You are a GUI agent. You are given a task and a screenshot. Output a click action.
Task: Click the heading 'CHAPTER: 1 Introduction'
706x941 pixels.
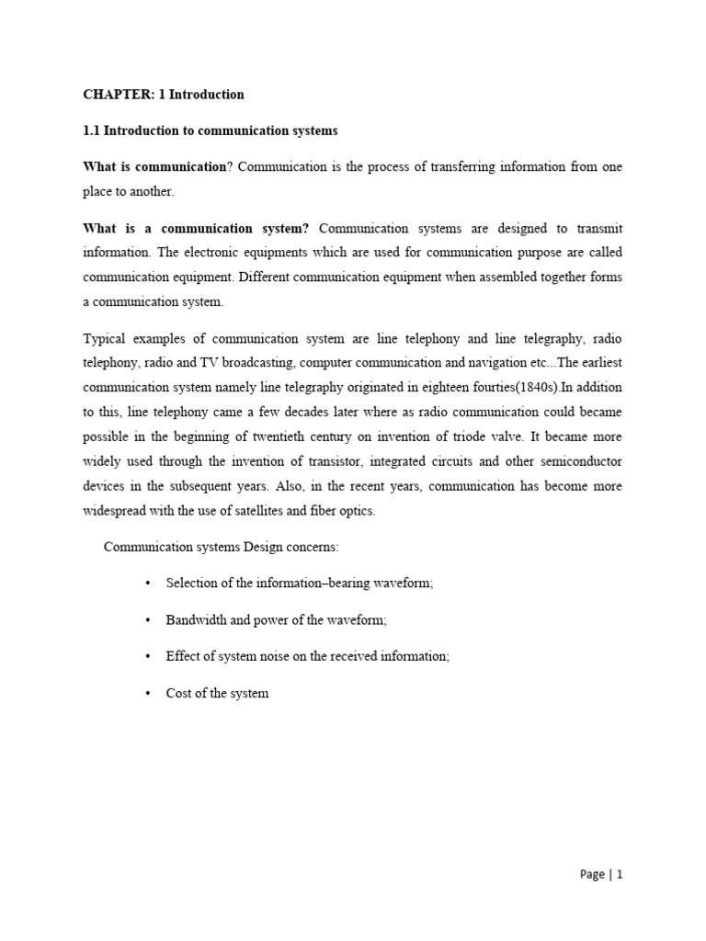[164, 95]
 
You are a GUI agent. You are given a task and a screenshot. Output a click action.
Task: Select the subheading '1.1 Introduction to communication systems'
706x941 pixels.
[211, 131]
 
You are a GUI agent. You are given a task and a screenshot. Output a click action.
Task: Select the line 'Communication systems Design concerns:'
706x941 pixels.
[222, 548]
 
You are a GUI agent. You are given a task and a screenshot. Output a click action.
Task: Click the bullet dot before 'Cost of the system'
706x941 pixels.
[147, 694]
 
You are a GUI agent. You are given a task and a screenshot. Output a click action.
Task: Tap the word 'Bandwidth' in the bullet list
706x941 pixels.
[196, 621]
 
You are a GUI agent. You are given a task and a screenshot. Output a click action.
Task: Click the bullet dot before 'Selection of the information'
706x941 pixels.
[147, 584]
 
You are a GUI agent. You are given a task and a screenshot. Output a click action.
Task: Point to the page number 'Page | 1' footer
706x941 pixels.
[601, 875]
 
